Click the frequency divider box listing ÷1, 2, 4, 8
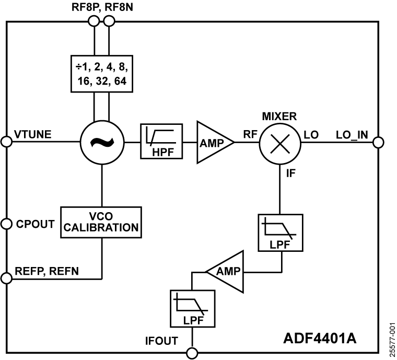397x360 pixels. pyautogui.click(x=101, y=74)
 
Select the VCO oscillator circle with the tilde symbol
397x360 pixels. pyautogui.click(x=101, y=142)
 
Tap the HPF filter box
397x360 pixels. pyautogui.click(x=161, y=142)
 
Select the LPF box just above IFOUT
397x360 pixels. pyautogui.click(x=192, y=308)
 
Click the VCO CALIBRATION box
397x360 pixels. pyautogui.click(x=101, y=222)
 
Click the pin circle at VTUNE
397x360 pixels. pyautogui.click(x=6, y=142)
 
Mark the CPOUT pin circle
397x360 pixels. pyautogui.click(x=6, y=224)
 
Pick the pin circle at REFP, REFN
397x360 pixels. pyautogui.click(x=6, y=278)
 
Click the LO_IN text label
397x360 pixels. pyautogui.click(x=352, y=135)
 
